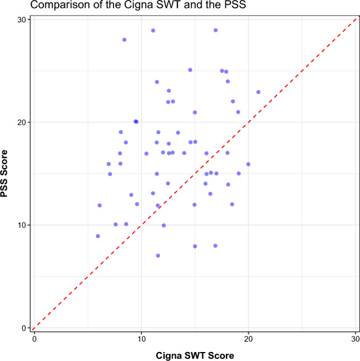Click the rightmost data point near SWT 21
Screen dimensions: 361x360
pos(258,92)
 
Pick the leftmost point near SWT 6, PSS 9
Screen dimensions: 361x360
pos(98,236)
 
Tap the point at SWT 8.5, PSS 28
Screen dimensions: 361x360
pos(124,40)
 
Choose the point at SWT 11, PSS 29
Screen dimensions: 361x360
pos(153,30)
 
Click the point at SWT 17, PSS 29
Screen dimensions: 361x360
pos(216,30)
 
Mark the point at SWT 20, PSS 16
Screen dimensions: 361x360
pos(248,164)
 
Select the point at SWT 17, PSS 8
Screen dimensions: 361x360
pos(215,246)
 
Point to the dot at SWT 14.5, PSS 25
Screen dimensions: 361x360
pos(190,70)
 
